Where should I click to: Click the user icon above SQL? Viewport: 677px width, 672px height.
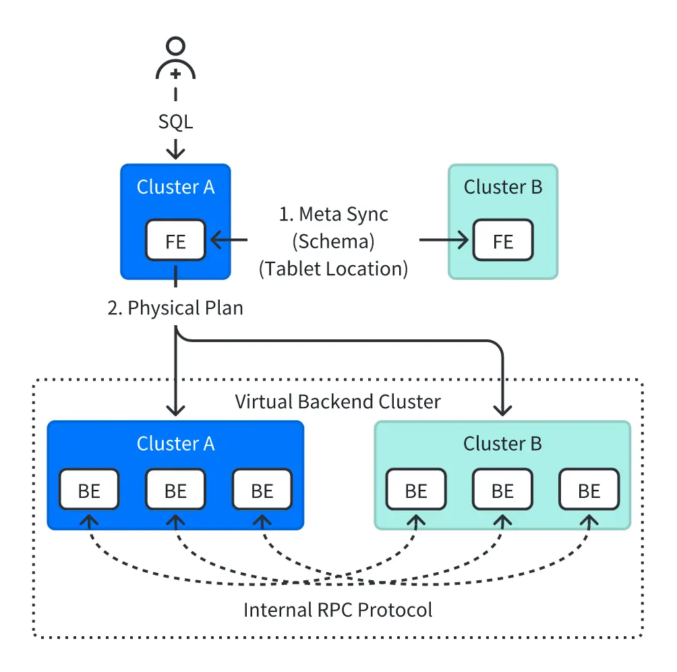click(175, 60)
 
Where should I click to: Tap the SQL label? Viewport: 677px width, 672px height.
click(175, 122)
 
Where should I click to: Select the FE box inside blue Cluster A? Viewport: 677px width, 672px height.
click(175, 240)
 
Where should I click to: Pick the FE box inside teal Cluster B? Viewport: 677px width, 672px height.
click(503, 240)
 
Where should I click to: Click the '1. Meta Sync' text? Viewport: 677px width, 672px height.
click(334, 215)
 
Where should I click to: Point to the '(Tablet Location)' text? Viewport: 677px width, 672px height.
click(334, 269)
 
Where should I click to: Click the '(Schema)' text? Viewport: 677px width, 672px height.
click(334, 242)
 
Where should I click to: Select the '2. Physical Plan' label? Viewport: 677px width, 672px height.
click(175, 308)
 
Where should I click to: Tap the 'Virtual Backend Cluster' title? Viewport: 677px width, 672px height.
click(338, 402)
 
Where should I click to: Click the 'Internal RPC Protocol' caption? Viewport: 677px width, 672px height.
click(338, 610)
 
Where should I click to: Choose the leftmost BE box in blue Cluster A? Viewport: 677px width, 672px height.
click(89, 490)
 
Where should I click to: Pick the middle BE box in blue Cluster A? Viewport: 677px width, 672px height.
click(175, 490)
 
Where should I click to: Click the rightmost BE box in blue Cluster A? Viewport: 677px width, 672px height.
click(262, 490)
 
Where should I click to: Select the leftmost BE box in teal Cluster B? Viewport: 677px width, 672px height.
click(416, 490)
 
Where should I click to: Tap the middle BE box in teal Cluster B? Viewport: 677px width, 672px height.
click(502, 490)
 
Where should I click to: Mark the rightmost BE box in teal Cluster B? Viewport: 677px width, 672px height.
click(589, 490)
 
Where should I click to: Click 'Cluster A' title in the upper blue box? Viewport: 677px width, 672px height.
click(175, 187)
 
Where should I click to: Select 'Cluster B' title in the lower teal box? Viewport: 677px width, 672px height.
click(502, 444)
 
